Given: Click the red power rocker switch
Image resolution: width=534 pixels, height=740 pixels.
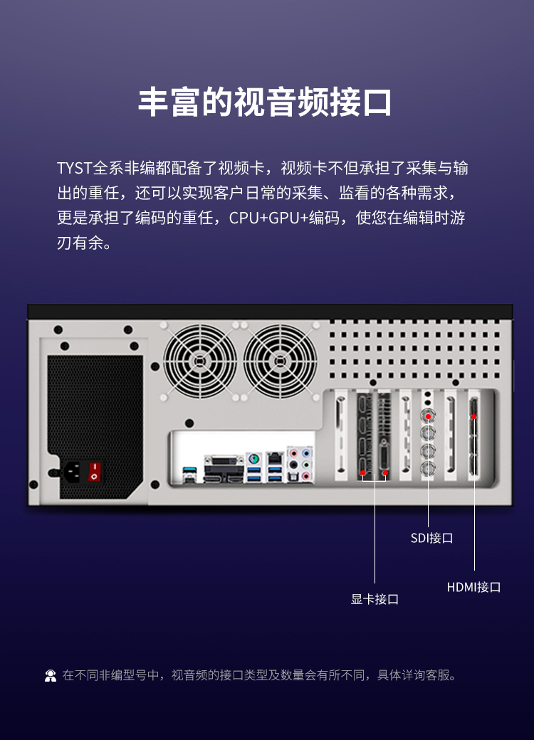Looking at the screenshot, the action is coord(95,472).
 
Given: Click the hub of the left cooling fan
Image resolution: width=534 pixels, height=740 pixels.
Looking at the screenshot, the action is coord(200,361).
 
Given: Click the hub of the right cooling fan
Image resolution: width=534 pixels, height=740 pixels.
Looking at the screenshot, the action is coord(280,361).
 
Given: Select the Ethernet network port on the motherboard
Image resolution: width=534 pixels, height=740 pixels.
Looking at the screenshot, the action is coord(274,458).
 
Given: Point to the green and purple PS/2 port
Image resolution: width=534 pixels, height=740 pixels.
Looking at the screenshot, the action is coord(253,458).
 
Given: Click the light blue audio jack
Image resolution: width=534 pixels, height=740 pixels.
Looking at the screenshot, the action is coord(306,453).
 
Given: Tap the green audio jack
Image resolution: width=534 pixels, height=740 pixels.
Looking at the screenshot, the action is coord(306,465).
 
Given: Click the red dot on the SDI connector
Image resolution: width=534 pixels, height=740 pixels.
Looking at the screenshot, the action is coord(428,417).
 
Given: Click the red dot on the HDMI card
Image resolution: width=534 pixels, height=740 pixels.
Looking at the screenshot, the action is coord(473,417).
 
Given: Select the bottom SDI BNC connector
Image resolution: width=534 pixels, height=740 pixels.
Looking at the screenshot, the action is coord(428,469).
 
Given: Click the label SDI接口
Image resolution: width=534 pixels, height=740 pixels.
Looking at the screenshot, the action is coord(431,538).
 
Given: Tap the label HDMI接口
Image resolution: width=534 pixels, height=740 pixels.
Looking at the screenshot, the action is coord(473,587).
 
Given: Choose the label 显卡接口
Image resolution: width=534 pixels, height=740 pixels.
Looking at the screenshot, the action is coord(375,599).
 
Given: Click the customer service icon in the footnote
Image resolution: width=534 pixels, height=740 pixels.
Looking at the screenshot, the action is coord(51,676).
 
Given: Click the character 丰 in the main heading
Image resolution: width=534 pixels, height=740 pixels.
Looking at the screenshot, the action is coord(154,102).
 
